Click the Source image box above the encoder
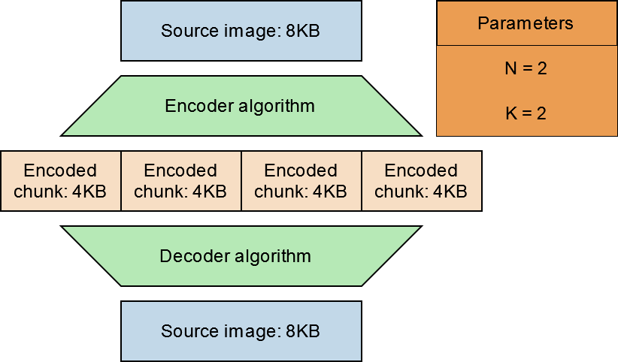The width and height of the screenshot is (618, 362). click(x=241, y=31)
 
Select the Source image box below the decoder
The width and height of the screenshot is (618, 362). click(x=241, y=331)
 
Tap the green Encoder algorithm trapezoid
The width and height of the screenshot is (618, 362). click(x=241, y=106)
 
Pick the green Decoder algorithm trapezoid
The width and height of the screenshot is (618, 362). click(x=241, y=256)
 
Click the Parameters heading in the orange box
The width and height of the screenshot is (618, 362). click(x=525, y=23)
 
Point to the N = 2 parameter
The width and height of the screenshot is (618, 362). click(x=525, y=68)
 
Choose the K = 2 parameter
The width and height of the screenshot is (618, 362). click(x=525, y=113)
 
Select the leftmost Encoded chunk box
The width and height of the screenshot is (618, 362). click(x=60, y=181)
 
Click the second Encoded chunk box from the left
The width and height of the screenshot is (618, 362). click(x=180, y=181)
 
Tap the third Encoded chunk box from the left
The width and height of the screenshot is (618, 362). click(x=301, y=181)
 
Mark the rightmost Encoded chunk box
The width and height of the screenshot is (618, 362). click(x=421, y=181)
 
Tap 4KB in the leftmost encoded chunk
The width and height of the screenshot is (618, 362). click(x=89, y=192)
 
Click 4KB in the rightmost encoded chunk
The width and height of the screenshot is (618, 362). click(x=450, y=192)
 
